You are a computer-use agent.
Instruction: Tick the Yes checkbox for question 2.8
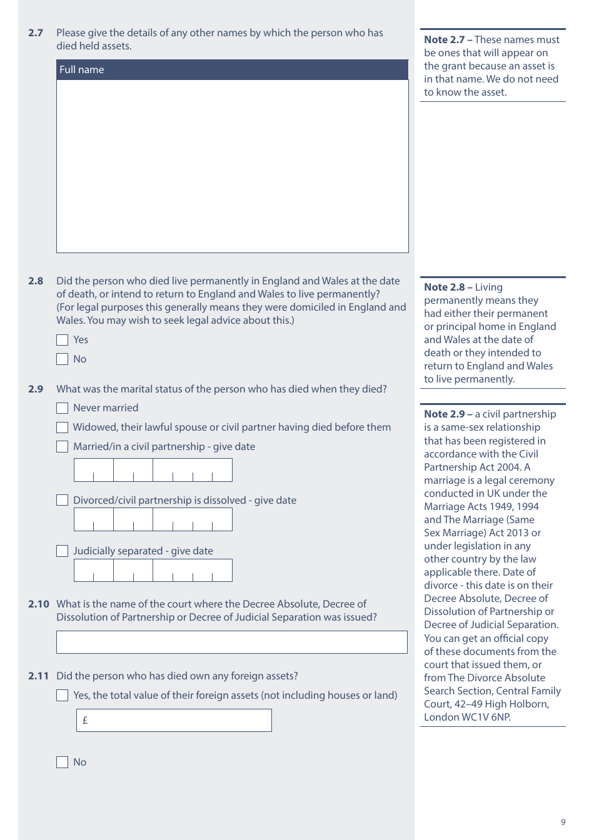(62, 340)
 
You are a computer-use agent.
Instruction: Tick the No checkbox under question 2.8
(62, 359)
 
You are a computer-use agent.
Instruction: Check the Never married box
(62, 408)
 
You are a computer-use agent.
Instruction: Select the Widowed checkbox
(62, 427)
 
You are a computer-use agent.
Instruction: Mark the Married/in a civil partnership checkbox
(62, 447)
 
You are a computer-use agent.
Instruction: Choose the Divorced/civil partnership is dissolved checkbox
(62, 501)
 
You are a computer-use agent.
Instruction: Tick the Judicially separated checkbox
(62, 551)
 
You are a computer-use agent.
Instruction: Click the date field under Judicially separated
(153, 571)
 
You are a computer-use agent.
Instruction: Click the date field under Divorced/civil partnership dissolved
(153, 520)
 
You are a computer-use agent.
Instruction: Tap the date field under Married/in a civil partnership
(153, 470)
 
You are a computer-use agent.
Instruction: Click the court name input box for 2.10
(231, 642)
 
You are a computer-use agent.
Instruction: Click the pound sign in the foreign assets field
(85, 721)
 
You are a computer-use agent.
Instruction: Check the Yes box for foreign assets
(62, 696)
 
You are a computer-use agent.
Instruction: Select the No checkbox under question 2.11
(62, 762)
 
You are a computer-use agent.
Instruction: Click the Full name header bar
(232, 70)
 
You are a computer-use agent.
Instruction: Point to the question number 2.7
(36, 33)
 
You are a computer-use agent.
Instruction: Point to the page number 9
(563, 822)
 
